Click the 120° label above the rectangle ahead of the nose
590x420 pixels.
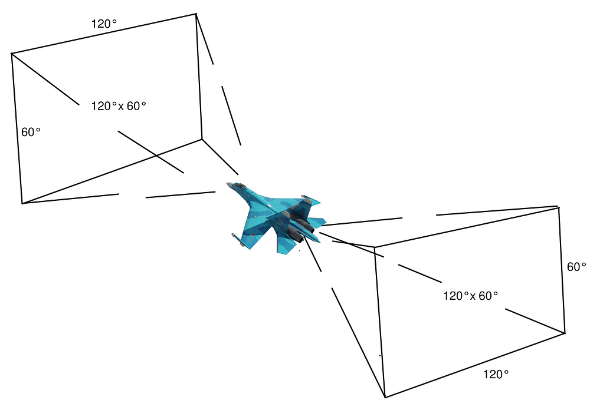[104, 24]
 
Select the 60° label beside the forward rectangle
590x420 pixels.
[31, 132]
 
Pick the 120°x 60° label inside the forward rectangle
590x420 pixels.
[118, 106]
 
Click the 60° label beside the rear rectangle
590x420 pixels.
[576, 266]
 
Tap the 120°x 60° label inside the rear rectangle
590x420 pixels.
[470, 296]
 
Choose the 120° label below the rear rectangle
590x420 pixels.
[496, 374]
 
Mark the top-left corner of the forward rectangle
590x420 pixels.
[12, 54]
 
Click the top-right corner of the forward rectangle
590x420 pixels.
[196, 14]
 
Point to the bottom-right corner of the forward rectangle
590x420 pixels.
[202, 139]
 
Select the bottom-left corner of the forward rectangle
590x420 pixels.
[22, 203]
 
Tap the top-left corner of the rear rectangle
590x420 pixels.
[375, 247]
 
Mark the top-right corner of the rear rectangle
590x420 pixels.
[559, 207]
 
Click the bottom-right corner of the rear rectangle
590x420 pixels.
[565, 333]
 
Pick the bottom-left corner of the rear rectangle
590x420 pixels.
[385, 396]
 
